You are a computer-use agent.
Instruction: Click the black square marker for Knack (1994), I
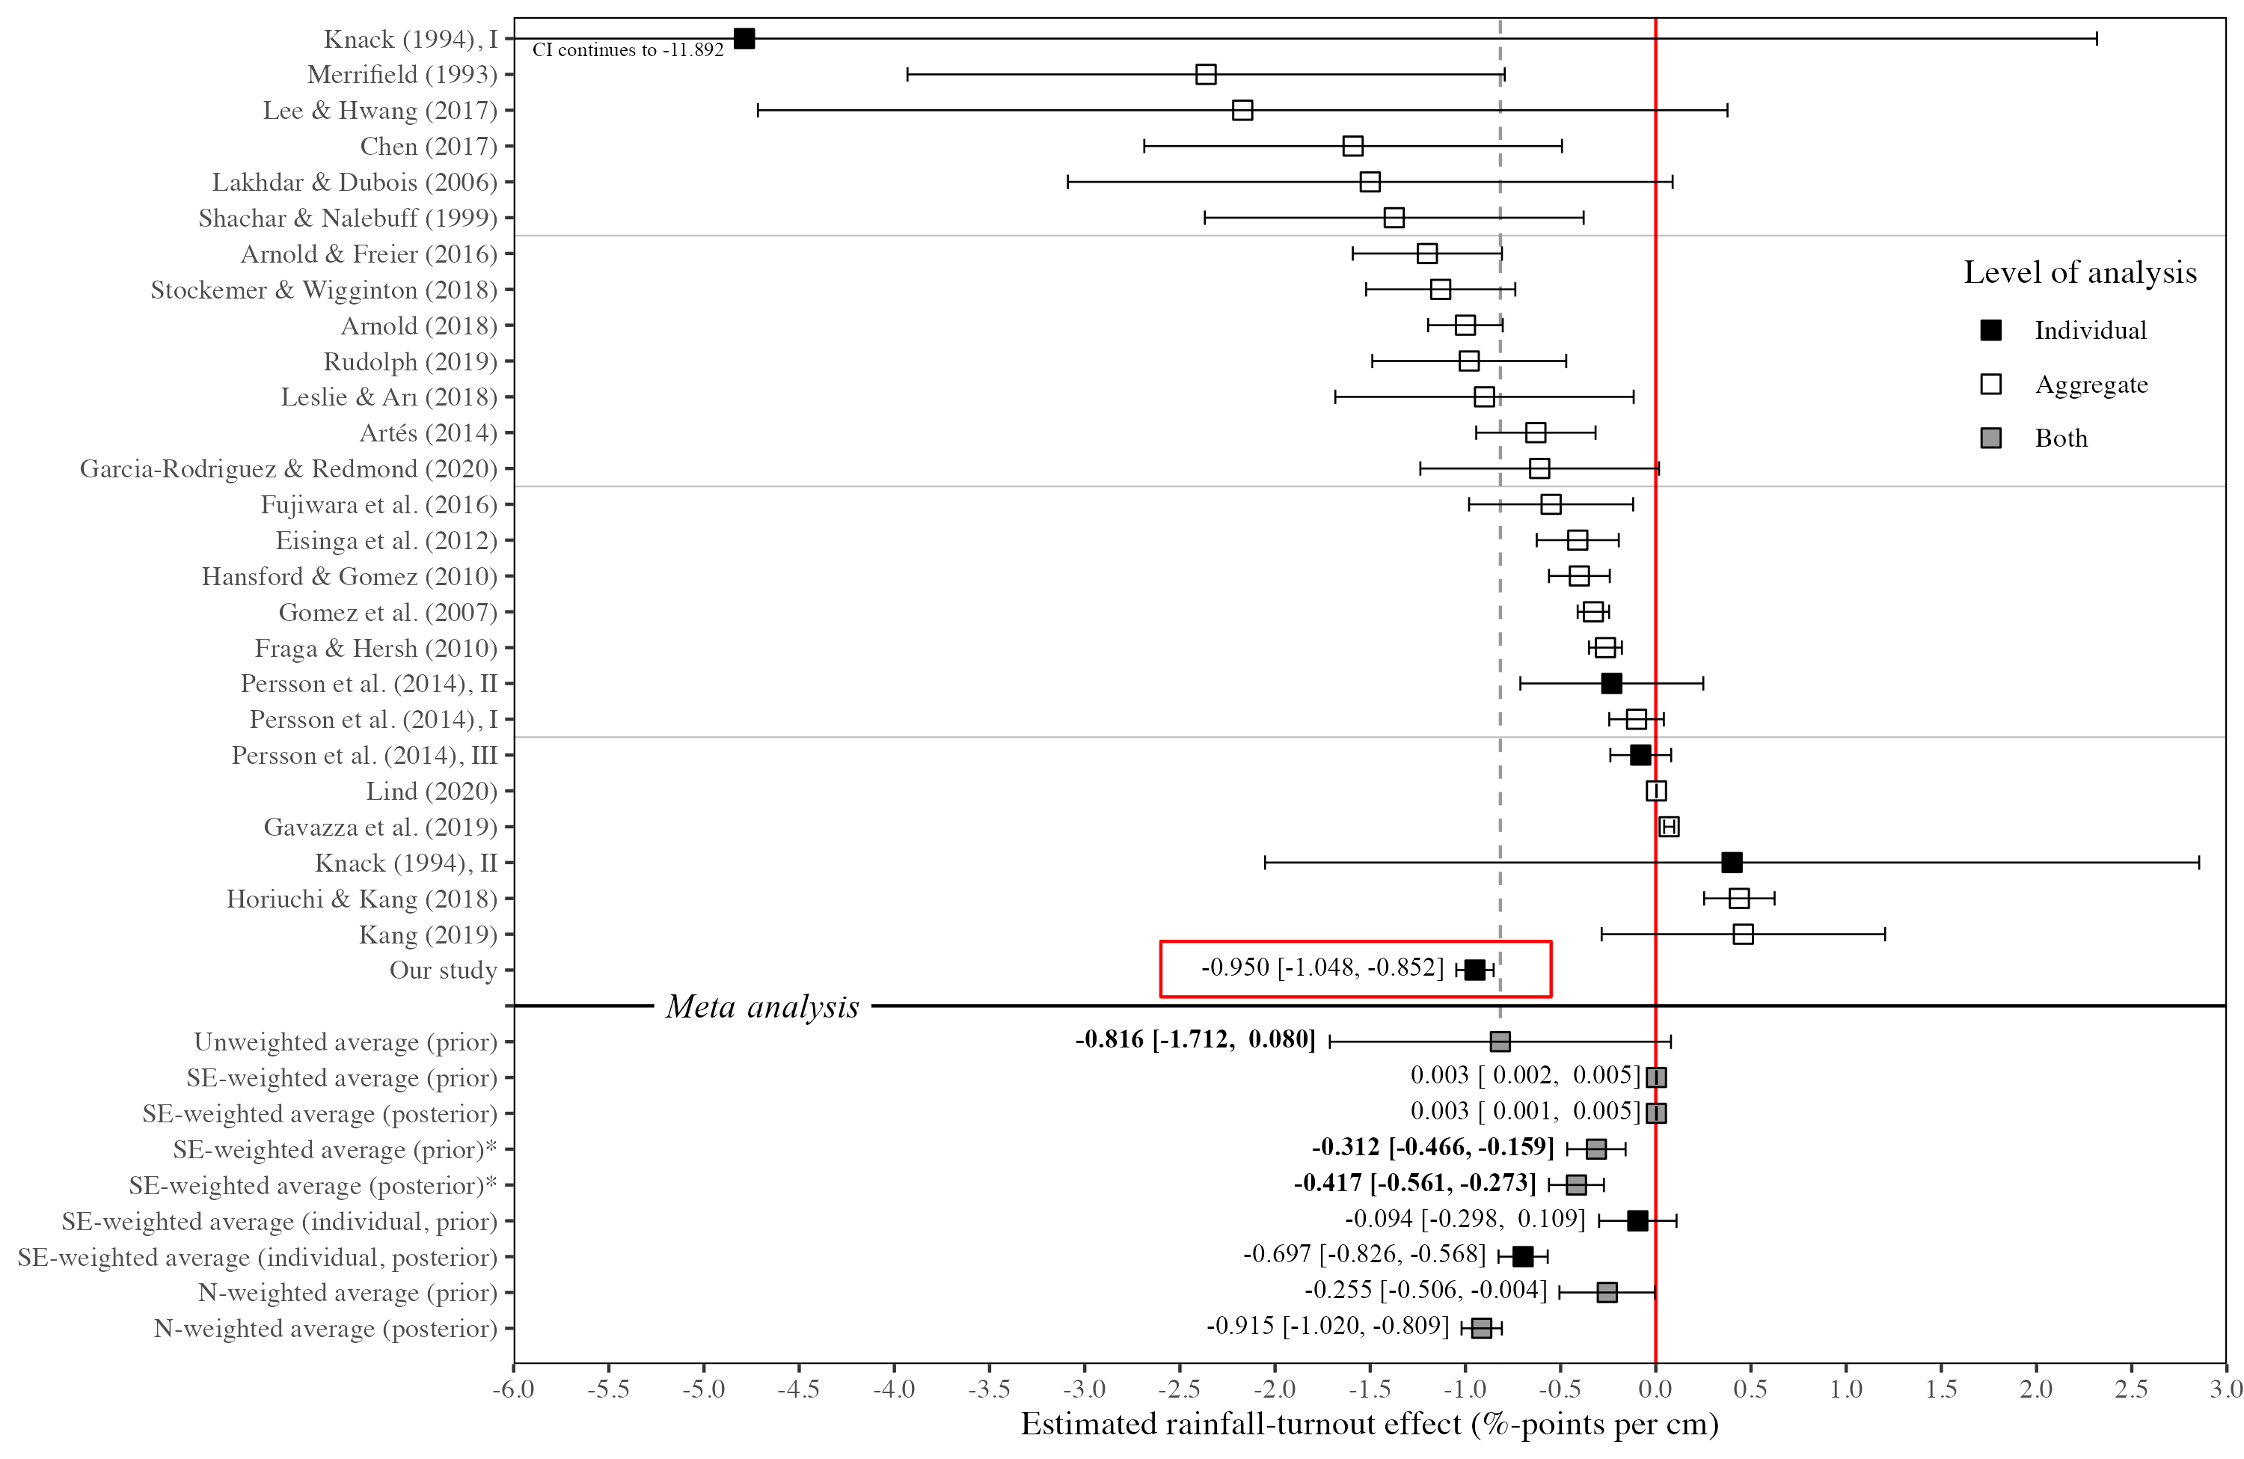pos(744,39)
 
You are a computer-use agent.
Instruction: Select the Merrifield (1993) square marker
pos(1205,75)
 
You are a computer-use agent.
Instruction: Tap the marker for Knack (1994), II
pos(1731,862)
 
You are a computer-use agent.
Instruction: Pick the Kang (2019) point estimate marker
pos(1742,934)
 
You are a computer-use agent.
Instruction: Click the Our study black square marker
pos(1474,970)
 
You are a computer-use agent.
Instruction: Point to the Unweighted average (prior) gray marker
pos(1500,1042)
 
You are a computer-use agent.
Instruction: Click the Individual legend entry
pos(2089,330)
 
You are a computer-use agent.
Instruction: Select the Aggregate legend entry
pos(2091,384)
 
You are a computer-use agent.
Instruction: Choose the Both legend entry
pos(2060,438)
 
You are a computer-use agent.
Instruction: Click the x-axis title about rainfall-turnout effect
pos(1369,1424)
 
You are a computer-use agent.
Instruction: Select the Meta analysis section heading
pos(761,1006)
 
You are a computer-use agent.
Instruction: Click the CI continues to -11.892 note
pos(628,50)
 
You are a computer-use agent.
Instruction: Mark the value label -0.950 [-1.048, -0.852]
pos(1322,967)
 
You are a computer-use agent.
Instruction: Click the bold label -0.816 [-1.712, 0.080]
pos(1195,1039)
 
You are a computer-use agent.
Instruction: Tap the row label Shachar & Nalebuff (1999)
pos(347,218)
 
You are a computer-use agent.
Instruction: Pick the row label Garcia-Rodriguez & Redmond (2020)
pos(289,468)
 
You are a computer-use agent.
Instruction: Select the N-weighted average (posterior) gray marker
pos(1481,1328)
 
